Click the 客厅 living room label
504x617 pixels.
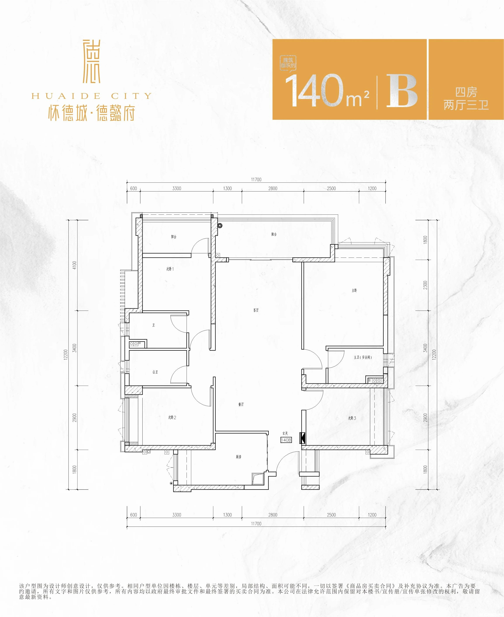click(256, 310)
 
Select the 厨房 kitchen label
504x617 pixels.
click(239, 457)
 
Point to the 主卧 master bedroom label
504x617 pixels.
click(354, 290)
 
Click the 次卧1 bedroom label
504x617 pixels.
click(170, 269)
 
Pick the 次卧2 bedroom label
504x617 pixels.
click(172, 417)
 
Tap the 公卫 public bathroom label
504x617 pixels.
click(155, 372)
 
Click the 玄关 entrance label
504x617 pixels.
click(285, 433)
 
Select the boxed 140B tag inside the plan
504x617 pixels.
click(286, 440)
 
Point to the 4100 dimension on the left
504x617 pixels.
click(75, 265)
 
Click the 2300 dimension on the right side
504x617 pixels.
click(425, 285)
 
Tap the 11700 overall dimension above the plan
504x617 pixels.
click(256, 180)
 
